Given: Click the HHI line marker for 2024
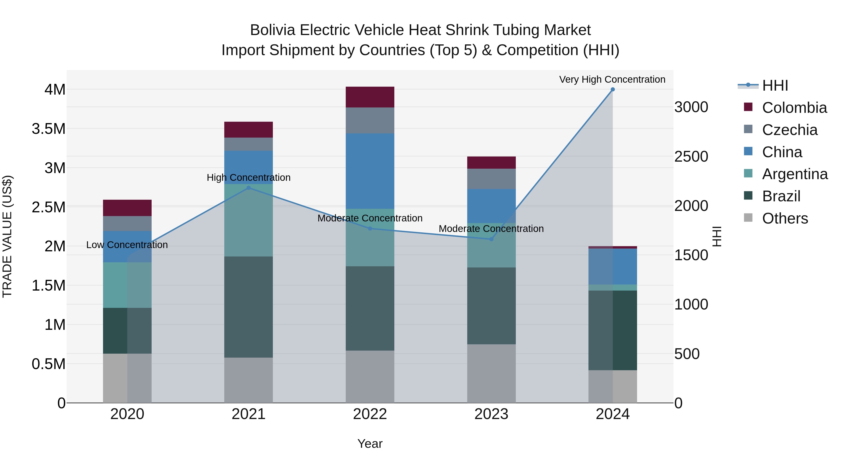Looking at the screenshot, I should click(613, 89).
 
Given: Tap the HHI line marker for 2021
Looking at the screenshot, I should click(249, 188).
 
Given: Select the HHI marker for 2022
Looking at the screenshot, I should click(370, 228).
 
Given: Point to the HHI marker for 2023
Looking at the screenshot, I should click(491, 239).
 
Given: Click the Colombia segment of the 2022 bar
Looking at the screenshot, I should click(370, 97).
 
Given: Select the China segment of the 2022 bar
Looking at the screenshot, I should click(370, 171).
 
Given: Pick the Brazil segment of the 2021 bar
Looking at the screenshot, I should click(249, 307).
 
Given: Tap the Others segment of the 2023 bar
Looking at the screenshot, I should click(491, 373).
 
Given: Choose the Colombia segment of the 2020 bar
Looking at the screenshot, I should click(127, 208).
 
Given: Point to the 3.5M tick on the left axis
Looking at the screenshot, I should click(49, 129).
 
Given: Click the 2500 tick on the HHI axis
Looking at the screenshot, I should click(691, 157).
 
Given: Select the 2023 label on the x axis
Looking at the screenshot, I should click(491, 414).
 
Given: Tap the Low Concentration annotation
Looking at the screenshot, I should click(127, 245).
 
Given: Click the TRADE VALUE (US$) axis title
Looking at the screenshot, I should click(7, 236).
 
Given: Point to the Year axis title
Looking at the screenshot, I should click(370, 444).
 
